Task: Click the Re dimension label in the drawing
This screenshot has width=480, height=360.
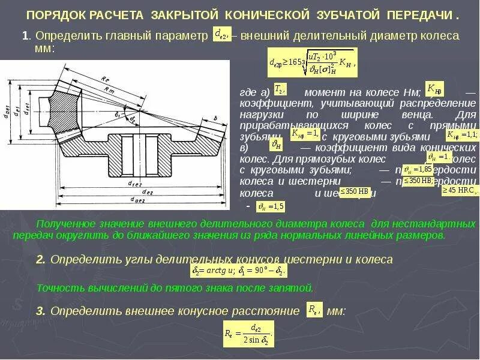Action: (x=105, y=79)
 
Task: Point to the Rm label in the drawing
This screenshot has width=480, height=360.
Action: (x=110, y=91)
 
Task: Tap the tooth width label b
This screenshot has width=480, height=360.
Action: (x=215, y=118)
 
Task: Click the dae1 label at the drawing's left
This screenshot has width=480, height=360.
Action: (x=7, y=108)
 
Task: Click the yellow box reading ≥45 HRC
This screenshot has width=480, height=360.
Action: (x=460, y=190)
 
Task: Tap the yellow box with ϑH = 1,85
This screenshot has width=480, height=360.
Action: (x=418, y=169)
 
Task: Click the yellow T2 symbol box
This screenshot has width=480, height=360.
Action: (x=280, y=89)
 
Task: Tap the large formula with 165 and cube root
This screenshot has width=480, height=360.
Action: (x=312, y=62)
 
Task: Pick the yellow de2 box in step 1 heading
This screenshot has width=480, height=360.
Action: (x=223, y=35)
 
